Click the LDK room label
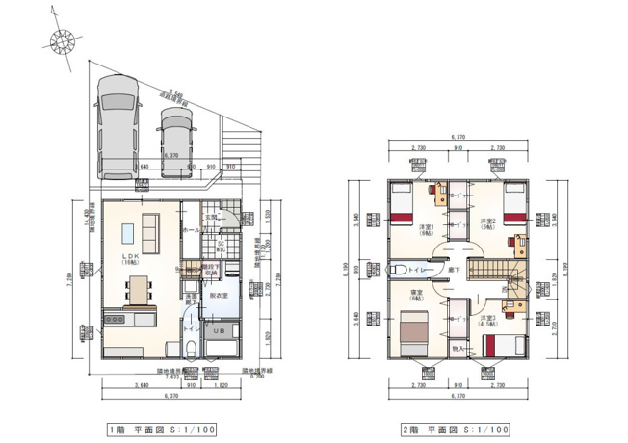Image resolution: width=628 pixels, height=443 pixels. click(x=130, y=254)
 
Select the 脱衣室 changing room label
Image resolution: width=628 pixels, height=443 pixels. click(x=220, y=298)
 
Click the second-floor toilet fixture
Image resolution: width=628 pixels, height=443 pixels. click(x=398, y=270)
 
